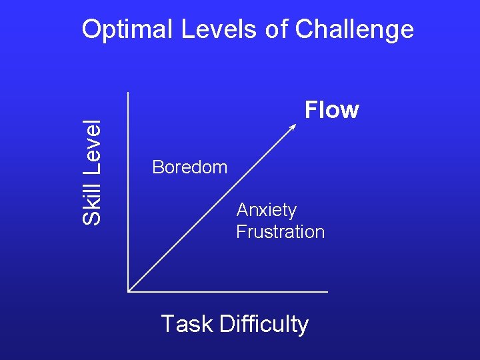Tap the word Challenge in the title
(x=354, y=30)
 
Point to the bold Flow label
(x=331, y=110)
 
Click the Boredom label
(x=189, y=167)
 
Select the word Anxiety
(x=266, y=210)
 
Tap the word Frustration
(x=280, y=232)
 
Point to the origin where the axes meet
(x=128, y=291)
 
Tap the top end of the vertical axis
(x=127, y=92)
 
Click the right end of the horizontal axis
(x=327, y=291)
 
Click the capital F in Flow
(x=311, y=110)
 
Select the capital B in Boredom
(x=157, y=167)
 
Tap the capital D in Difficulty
(x=225, y=324)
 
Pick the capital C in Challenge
(x=304, y=30)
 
